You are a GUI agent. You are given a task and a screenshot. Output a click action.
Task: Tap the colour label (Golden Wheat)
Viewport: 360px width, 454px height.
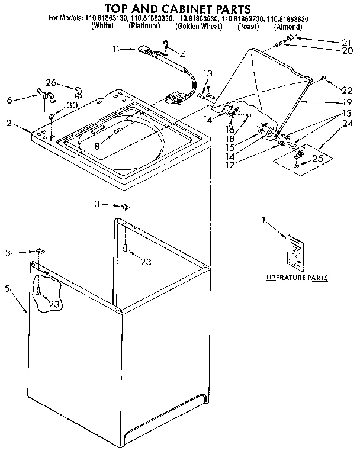tap(199, 27)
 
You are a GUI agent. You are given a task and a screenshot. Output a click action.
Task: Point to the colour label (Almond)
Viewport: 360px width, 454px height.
tap(288, 27)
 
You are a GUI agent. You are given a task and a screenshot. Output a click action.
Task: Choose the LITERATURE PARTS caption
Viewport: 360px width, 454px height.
tap(297, 278)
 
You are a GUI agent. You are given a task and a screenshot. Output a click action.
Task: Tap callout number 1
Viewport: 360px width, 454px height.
tap(263, 220)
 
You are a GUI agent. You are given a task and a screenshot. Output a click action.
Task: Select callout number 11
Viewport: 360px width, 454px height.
tap(117, 49)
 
